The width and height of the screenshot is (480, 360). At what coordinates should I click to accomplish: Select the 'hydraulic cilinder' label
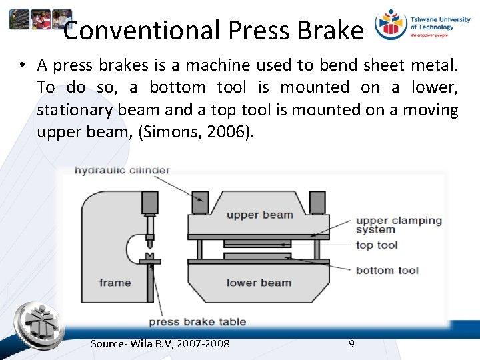(x=122, y=170)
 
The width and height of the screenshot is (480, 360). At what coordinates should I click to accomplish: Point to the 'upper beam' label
(x=259, y=215)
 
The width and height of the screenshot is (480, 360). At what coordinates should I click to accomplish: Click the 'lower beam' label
(x=259, y=283)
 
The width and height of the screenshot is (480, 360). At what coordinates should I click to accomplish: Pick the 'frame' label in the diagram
(x=115, y=283)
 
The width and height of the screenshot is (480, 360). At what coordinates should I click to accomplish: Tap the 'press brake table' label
(x=197, y=322)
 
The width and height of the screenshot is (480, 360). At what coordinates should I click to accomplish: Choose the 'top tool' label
(x=377, y=245)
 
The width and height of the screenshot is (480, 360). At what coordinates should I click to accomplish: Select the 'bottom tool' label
(x=387, y=270)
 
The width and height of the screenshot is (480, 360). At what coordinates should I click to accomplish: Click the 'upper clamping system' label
(x=398, y=225)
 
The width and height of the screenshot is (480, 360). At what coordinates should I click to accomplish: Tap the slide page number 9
(x=351, y=344)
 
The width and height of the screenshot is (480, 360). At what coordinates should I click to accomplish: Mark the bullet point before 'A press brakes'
(x=23, y=65)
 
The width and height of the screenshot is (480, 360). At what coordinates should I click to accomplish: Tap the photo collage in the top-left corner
(x=40, y=19)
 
